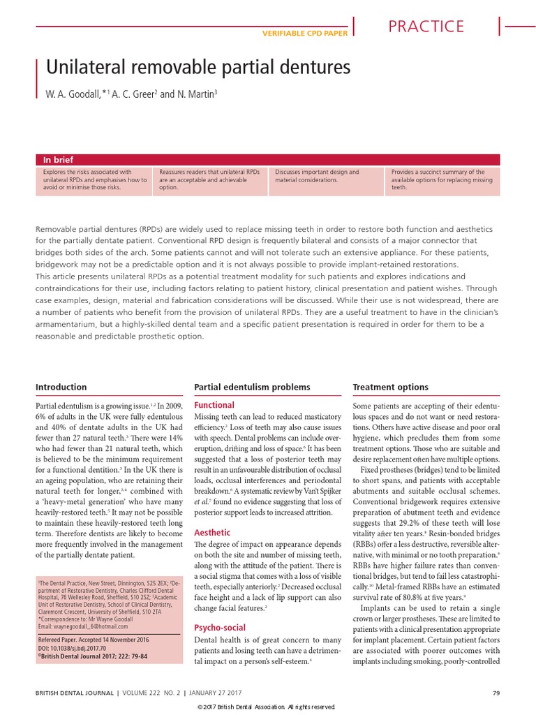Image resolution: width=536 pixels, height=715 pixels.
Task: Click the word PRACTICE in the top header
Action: [426, 27]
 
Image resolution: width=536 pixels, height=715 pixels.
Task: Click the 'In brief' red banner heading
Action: [58, 160]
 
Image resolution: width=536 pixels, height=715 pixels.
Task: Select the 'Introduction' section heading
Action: [61, 387]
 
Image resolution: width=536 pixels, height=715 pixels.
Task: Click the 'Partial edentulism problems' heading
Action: [252, 387]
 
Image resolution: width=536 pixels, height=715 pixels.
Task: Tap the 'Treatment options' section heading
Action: [391, 387]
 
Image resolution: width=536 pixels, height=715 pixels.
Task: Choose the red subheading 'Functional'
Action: [214, 405]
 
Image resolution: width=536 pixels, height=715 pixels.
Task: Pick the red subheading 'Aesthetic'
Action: [212, 532]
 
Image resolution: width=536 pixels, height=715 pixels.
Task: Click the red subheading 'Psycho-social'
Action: [219, 628]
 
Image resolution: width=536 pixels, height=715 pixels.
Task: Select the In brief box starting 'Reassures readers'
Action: [209, 179]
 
